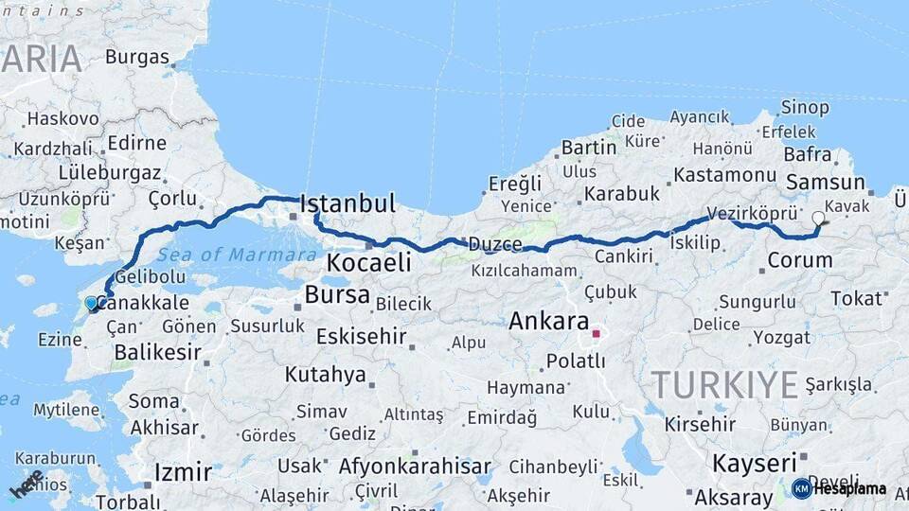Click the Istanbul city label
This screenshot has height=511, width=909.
click(347, 203)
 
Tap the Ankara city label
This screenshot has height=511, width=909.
click(548, 321)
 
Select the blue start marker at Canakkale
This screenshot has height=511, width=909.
click(91, 304)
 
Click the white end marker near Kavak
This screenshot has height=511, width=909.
click(818, 218)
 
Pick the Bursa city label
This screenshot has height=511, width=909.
click(336, 294)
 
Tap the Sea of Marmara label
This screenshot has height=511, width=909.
click(237, 255)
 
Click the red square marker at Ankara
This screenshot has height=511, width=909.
click(596, 333)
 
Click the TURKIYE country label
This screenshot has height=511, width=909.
click(725, 385)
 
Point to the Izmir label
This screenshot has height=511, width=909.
click(182, 471)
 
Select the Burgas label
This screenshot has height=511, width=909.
click(136, 57)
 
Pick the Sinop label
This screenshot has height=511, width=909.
click(805, 108)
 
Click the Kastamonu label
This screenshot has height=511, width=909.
click(724, 176)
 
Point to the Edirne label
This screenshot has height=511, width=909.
click(137, 143)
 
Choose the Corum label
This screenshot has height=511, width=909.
click(800, 260)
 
